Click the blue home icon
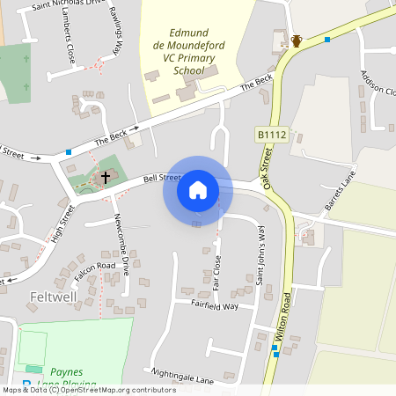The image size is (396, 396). tap(198, 190)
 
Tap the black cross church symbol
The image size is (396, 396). tap(106, 177)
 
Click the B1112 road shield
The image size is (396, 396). tap(271, 134)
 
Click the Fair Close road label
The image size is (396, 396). tap(216, 272)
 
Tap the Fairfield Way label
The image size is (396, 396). tap(215, 305)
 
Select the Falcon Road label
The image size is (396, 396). tap(94, 265)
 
